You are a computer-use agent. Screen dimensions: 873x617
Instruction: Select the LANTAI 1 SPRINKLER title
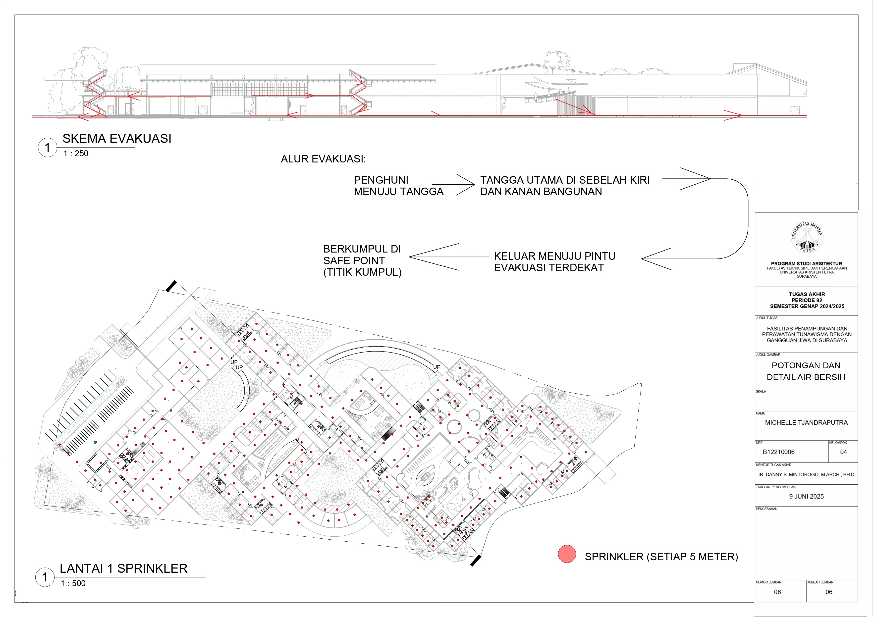point(124,568)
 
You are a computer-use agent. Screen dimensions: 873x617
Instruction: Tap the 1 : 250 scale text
point(76,154)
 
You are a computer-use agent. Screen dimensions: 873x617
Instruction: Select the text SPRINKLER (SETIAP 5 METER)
point(661,557)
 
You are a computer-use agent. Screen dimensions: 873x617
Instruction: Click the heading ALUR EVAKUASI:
point(323,159)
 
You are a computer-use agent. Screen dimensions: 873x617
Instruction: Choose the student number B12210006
point(778,452)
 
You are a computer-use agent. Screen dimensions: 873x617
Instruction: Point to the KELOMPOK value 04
point(843,452)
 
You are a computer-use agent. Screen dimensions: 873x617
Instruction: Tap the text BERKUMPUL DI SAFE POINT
point(362,255)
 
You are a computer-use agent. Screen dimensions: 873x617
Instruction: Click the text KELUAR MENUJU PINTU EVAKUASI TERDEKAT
point(554,262)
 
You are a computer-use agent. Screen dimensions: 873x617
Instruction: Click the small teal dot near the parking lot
point(95,442)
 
